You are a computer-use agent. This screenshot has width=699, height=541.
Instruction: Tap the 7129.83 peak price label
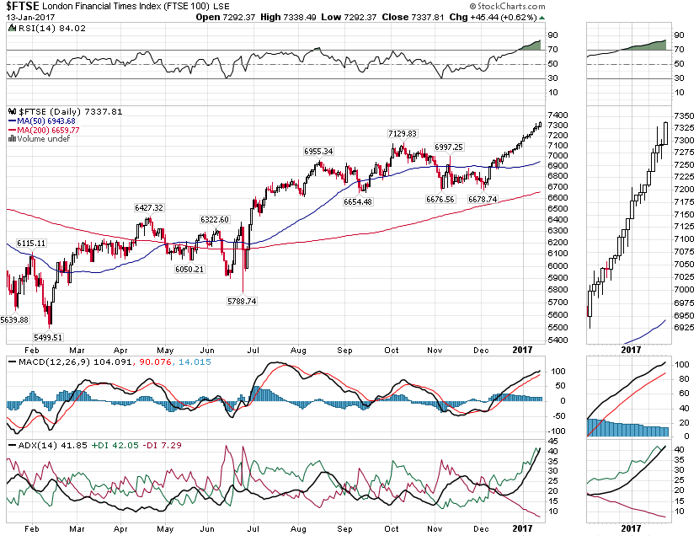pyautogui.click(x=403, y=133)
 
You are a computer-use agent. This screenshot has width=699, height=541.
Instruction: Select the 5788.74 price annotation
pyautogui.click(x=244, y=301)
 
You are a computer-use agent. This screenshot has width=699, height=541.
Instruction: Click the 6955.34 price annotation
pyautogui.click(x=318, y=151)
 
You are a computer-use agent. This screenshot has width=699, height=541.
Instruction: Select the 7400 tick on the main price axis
pyautogui.click(x=558, y=115)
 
